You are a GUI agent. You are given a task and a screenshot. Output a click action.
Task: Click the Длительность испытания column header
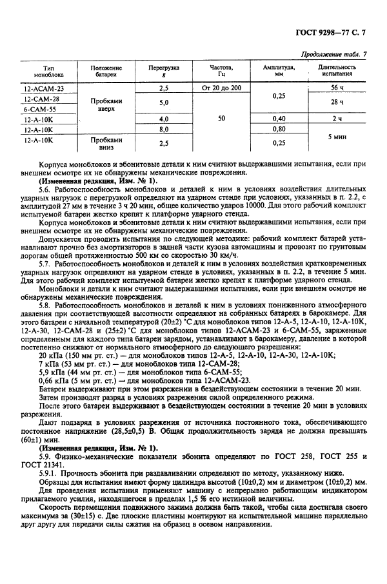[x=337, y=70]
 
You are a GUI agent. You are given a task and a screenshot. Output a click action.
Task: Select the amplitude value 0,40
[x=279, y=119]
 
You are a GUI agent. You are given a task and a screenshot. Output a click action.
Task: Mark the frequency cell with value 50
[x=221, y=119]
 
